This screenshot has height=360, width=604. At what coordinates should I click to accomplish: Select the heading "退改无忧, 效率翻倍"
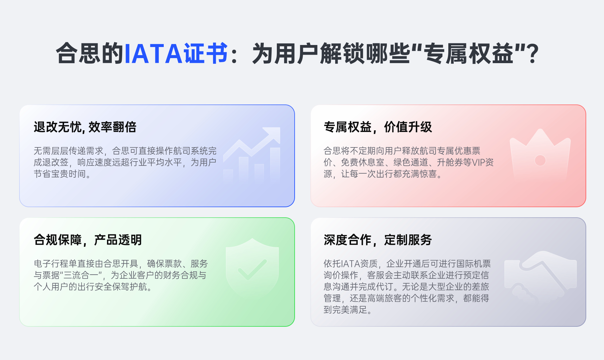(85, 127)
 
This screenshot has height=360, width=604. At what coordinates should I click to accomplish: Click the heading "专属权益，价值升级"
(378, 127)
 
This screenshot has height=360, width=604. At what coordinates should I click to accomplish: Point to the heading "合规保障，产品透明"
(88, 240)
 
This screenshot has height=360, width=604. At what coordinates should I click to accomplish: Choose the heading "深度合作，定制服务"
(378, 240)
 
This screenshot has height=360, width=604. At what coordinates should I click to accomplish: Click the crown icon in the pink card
(540, 155)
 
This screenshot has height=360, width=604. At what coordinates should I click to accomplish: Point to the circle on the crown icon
(540, 161)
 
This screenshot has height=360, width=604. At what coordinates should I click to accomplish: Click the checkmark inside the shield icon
(252, 269)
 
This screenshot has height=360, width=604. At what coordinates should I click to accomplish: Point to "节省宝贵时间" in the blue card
(60, 174)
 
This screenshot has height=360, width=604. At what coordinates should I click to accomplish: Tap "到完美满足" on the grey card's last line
(345, 310)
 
